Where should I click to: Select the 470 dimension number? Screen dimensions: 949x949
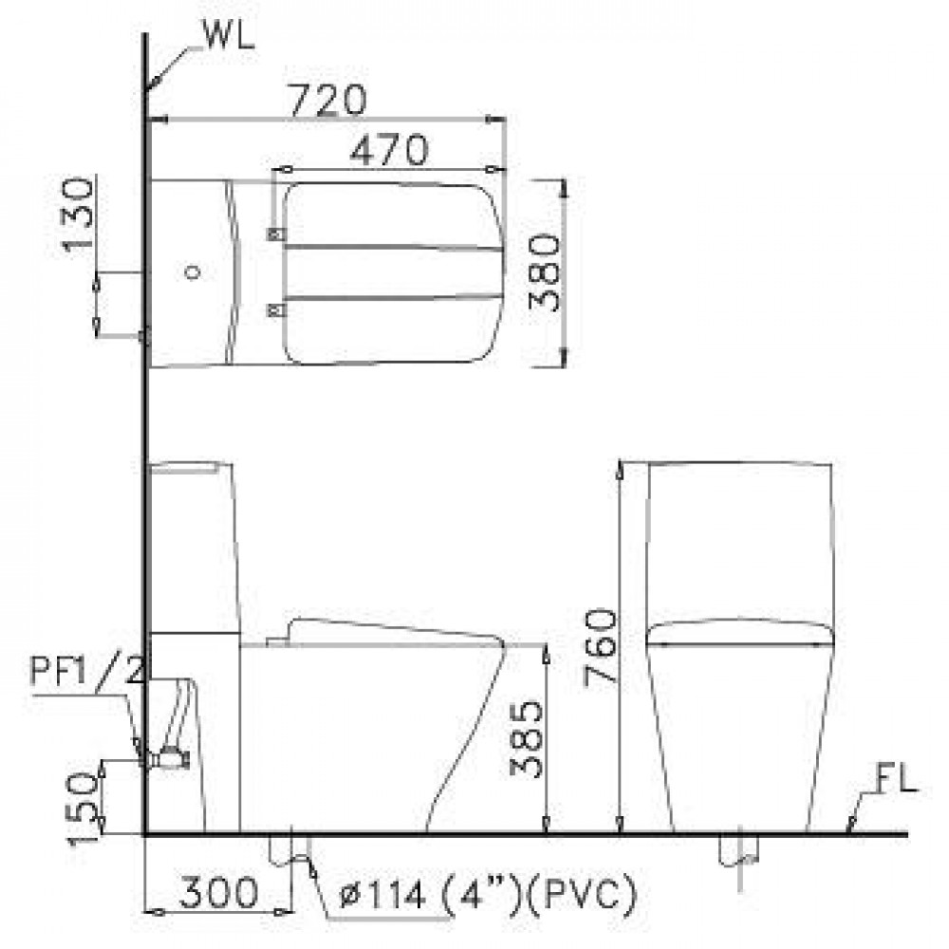click(x=389, y=150)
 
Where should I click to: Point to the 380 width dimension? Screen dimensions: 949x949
click(x=544, y=272)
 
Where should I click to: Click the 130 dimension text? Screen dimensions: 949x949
click(x=78, y=213)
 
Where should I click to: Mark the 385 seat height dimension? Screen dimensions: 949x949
click(x=526, y=738)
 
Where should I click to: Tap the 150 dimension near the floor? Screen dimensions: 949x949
click(x=83, y=809)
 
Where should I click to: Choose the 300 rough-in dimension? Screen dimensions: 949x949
click(x=218, y=893)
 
